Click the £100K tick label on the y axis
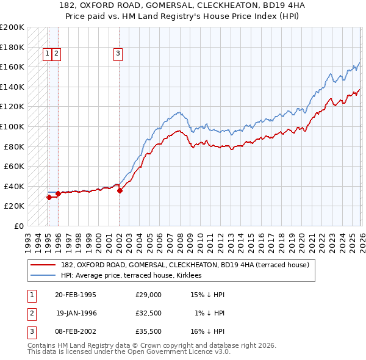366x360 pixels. click(x=12, y=126)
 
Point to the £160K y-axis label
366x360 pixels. click(x=12, y=67)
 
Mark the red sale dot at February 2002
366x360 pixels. click(x=120, y=190)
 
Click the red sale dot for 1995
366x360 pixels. click(x=49, y=197)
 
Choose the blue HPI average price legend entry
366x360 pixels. click(x=134, y=275)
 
